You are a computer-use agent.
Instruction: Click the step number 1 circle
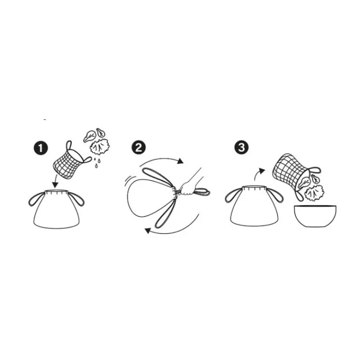[x=40, y=148]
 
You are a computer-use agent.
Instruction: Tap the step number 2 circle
[x=139, y=148]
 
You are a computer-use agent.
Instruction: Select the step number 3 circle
[x=241, y=148]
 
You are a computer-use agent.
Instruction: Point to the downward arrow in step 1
[x=55, y=181]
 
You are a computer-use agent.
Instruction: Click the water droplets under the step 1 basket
[x=97, y=162]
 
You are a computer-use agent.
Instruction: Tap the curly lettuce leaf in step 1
[x=100, y=147]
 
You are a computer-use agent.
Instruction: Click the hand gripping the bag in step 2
[x=187, y=188]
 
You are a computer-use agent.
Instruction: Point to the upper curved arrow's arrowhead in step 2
[x=180, y=161]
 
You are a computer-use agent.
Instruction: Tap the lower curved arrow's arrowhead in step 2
[x=148, y=230]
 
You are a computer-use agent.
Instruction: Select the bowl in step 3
[x=315, y=216]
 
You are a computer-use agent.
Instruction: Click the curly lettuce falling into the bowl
[x=314, y=193]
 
